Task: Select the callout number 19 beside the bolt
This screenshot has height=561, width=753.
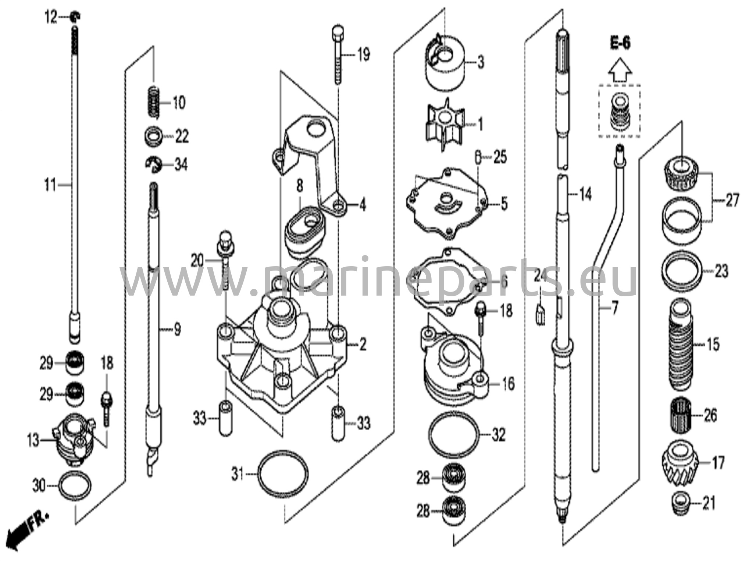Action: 363,56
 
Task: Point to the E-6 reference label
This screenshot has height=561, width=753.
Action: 620,43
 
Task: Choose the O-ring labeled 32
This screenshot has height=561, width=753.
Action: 454,435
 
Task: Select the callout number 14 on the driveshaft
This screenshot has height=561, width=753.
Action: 585,194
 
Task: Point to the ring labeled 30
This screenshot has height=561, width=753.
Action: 75,486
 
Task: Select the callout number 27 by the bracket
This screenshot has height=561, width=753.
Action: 732,201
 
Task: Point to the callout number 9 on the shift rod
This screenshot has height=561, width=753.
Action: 177,329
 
